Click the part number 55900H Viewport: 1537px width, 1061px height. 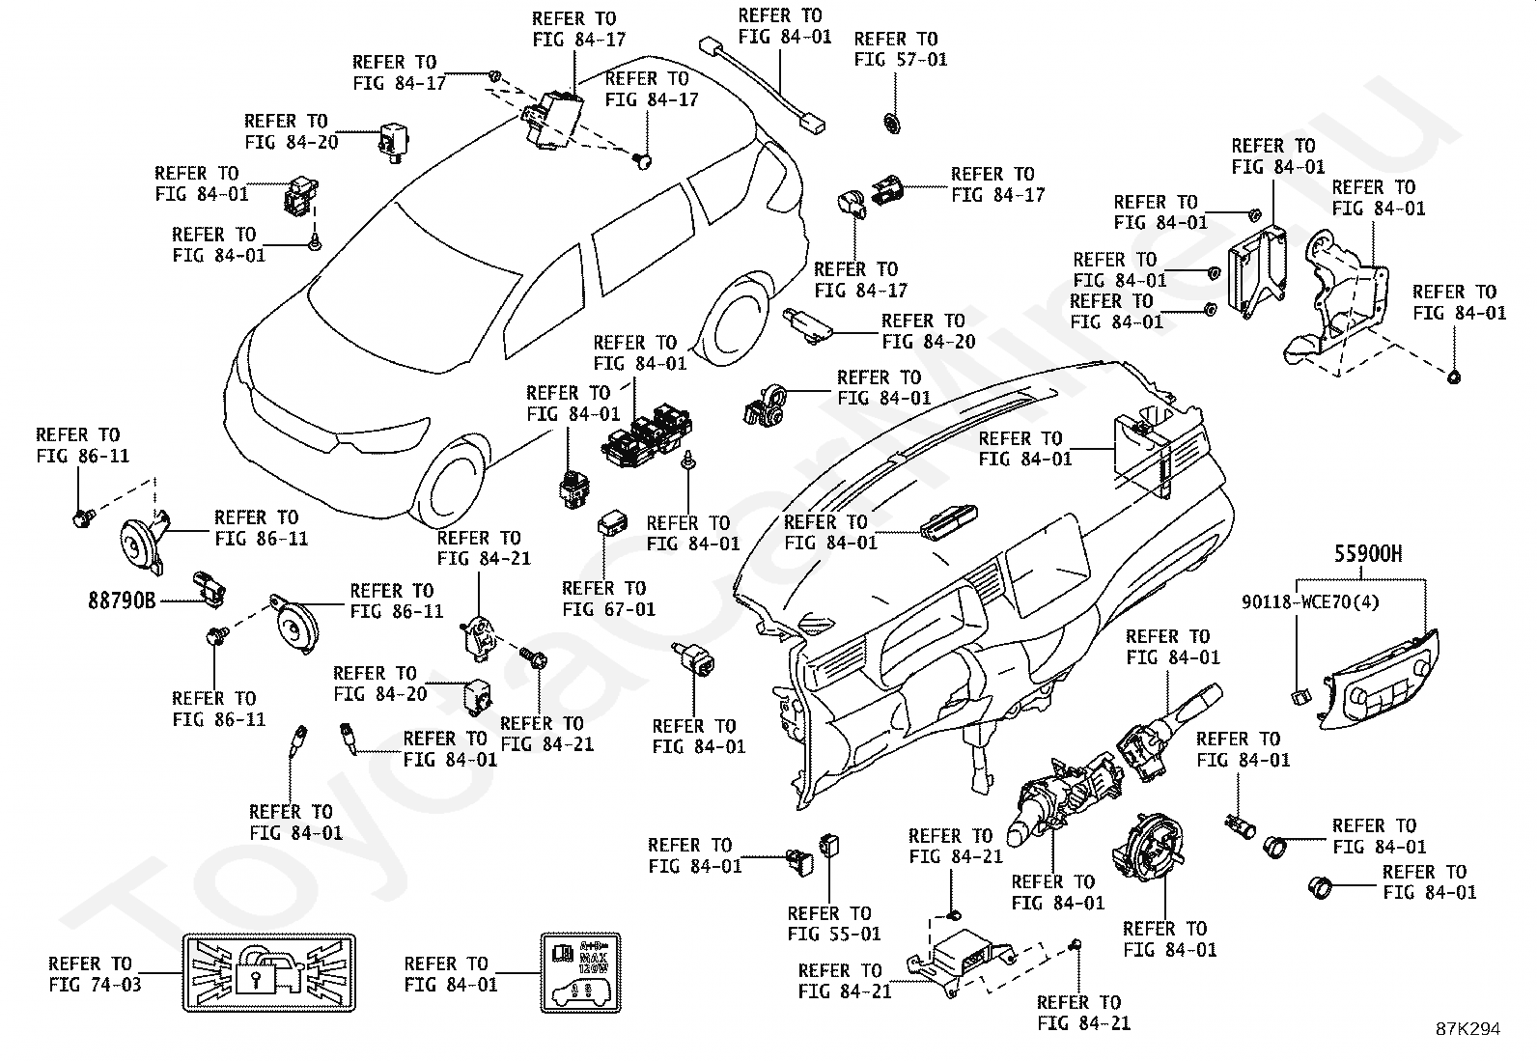click(x=1368, y=554)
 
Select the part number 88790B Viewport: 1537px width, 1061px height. click(x=122, y=600)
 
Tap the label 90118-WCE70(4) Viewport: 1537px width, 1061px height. click(x=1310, y=602)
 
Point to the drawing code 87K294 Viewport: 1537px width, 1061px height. click(x=1467, y=1029)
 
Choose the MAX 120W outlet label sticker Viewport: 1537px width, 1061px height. click(x=579, y=972)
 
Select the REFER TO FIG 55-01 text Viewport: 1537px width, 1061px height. click(x=834, y=923)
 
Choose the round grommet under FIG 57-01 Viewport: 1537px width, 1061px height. click(x=891, y=123)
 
